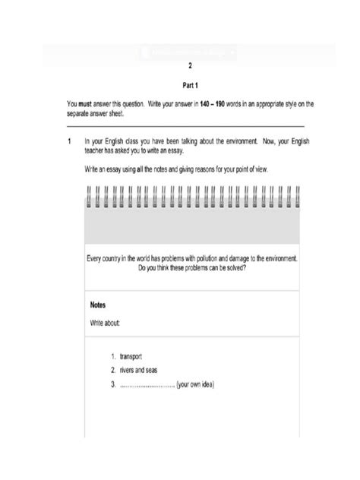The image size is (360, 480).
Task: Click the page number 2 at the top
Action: pos(179,66)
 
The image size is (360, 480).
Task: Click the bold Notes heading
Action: pos(98,305)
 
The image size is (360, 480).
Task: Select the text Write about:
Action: pos(106,323)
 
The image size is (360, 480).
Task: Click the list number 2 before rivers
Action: pos(112,370)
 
